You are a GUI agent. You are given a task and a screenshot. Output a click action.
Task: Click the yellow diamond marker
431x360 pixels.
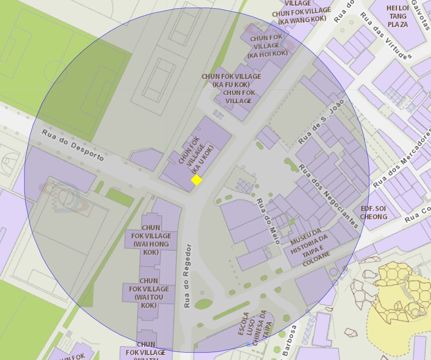[x=197, y=180]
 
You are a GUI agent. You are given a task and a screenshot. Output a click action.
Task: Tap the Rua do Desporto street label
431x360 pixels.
[x=73, y=145]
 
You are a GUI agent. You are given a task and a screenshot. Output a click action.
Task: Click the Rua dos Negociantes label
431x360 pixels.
[x=328, y=196]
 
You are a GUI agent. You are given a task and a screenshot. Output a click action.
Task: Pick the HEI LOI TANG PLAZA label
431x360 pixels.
[x=398, y=16]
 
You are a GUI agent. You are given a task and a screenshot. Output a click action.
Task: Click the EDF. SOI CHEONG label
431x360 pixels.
[x=373, y=212]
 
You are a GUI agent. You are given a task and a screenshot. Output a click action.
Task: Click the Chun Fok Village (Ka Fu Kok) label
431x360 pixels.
[x=231, y=80]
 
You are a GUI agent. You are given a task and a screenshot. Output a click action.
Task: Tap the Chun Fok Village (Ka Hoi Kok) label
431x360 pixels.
[x=267, y=46]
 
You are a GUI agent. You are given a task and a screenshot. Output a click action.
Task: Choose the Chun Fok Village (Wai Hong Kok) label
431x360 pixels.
[x=151, y=240]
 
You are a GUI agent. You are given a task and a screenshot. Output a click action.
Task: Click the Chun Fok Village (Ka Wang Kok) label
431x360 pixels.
[x=302, y=14]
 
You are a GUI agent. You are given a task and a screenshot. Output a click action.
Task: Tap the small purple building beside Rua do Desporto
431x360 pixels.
[x=146, y=159]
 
